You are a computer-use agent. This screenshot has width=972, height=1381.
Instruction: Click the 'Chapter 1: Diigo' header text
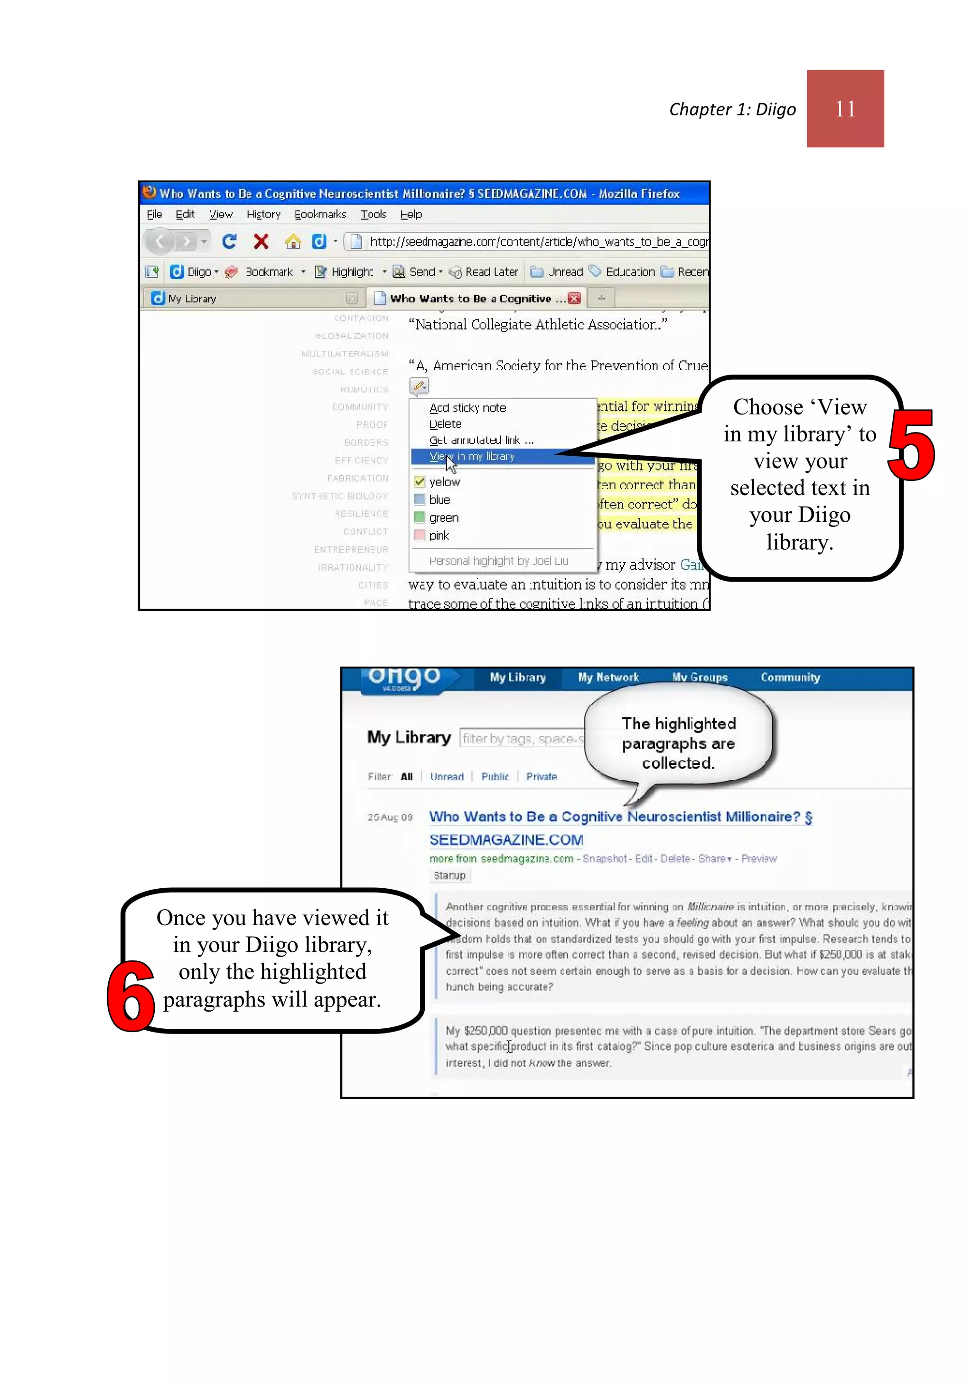pyautogui.click(x=732, y=110)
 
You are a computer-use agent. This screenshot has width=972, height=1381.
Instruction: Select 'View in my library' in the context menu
pyautogui.click(x=472, y=457)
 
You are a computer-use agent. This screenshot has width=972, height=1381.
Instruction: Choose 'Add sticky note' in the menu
pyautogui.click(x=467, y=408)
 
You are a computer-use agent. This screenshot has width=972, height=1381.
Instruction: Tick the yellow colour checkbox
pyautogui.click(x=419, y=482)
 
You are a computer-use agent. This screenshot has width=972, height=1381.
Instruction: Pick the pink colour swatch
pyautogui.click(x=419, y=535)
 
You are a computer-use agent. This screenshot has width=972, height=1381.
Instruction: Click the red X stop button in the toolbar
pyautogui.click(x=261, y=242)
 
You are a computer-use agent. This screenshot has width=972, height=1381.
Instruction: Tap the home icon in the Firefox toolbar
pyautogui.click(x=293, y=242)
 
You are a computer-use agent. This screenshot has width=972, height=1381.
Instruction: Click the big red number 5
pyautogui.click(x=911, y=446)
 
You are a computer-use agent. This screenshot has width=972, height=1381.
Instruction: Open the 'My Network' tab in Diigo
pyautogui.click(x=608, y=678)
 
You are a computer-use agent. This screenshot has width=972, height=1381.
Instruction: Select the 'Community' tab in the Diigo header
pyautogui.click(x=790, y=678)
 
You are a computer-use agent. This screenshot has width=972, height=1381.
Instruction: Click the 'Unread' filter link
pyautogui.click(x=447, y=777)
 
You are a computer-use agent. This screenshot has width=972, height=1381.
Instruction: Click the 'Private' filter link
pyautogui.click(x=542, y=777)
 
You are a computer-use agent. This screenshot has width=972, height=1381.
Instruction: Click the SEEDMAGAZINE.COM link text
pyautogui.click(x=506, y=840)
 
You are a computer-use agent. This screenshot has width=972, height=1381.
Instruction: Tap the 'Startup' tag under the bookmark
pyautogui.click(x=449, y=875)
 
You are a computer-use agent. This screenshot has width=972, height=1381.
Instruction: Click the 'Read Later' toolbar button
pyautogui.click(x=484, y=272)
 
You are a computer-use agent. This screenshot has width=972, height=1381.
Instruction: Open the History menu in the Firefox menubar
pyautogui.click(x=263, y=214)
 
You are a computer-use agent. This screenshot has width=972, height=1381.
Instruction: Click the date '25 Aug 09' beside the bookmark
pyautogui.click(x=390, y=817)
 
